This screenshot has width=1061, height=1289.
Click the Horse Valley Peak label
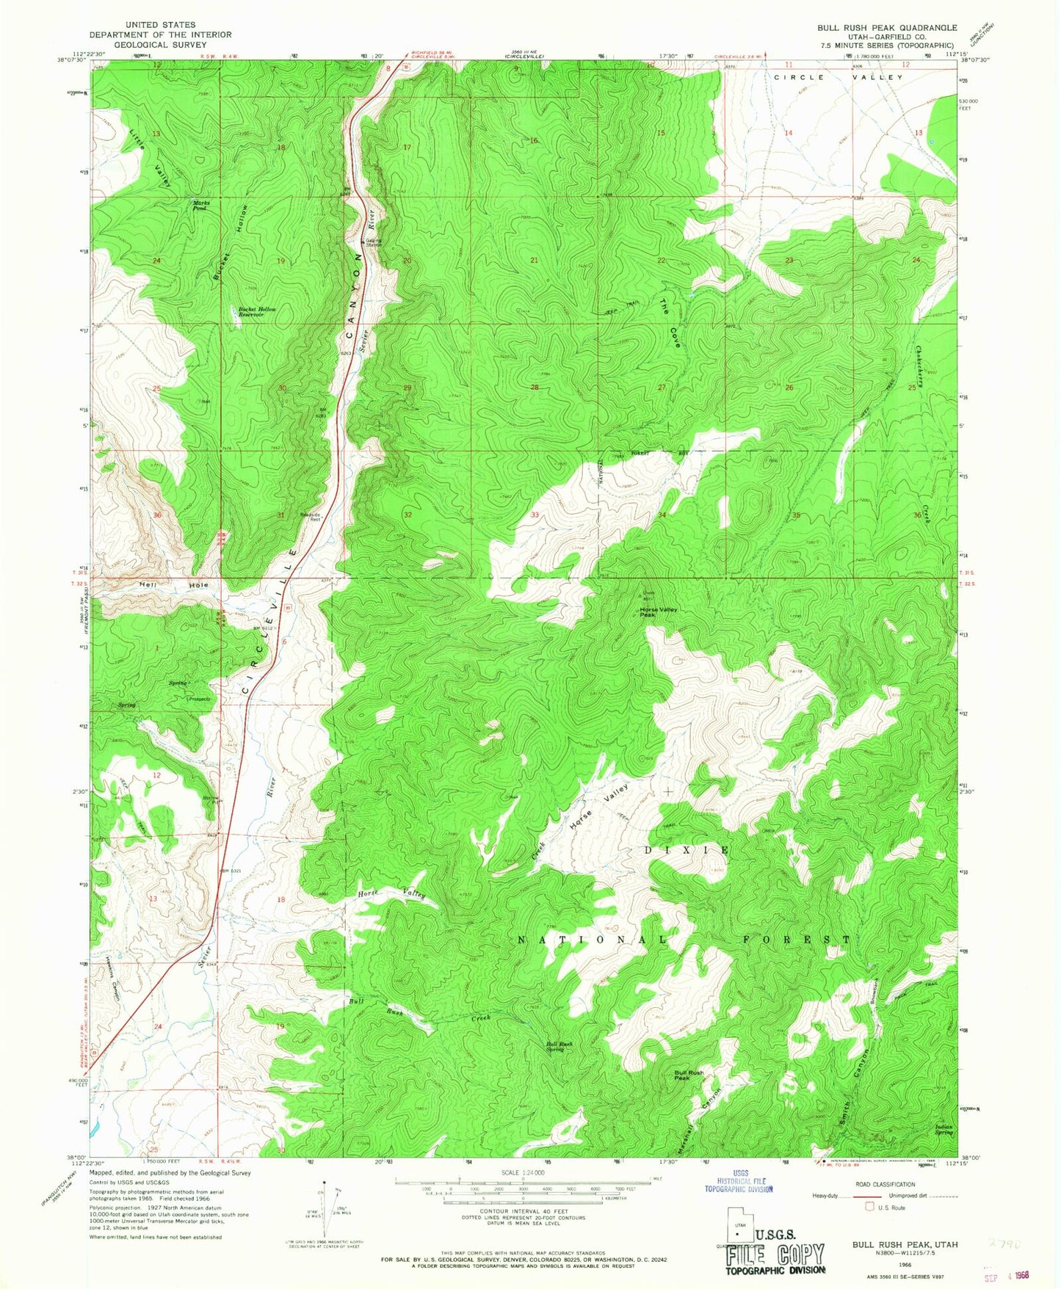(658, 611)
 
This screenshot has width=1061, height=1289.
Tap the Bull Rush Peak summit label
(689, 1075)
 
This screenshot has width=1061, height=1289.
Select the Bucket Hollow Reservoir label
(257, 312)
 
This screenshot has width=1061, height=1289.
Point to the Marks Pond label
(200, 206)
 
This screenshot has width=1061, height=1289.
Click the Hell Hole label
(174, 585)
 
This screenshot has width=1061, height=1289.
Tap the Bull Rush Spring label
(559, 1047)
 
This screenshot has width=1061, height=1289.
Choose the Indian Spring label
(944, 1130)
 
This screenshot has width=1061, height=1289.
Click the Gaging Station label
(374, 242)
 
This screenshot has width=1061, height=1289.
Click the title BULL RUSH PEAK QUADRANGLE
(887, 27)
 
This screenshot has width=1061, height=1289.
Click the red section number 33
(535, 515)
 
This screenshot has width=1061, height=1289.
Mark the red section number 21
(535, 261)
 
